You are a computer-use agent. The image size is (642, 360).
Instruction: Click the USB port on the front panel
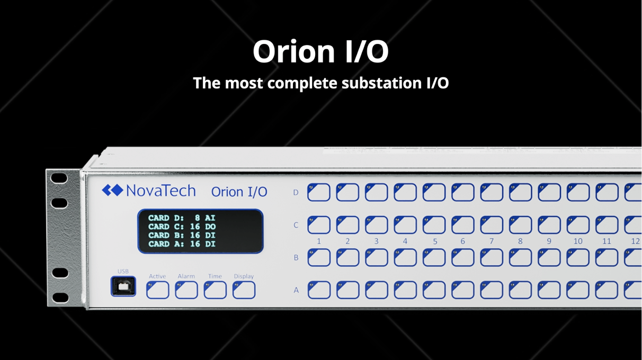coord(123,286)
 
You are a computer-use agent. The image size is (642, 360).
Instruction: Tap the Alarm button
coord(186,290)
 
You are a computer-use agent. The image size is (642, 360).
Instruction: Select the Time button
coord(215,290)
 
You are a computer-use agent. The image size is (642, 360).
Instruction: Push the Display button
coord(244,290)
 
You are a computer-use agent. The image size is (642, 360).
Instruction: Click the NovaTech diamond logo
coord(112,190)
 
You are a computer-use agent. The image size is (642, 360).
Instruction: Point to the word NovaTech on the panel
coord(161,191)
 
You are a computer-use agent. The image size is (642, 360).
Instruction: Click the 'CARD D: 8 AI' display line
coord(181,218)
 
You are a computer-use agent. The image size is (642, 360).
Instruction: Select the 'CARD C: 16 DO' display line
coord(182,227)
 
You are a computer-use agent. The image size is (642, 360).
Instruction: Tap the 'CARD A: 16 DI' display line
coord(182,244)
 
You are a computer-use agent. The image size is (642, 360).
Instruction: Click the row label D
coord(296,193)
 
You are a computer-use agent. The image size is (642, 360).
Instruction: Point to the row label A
coord(296,291)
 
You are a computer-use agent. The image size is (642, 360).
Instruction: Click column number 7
coord(491,241)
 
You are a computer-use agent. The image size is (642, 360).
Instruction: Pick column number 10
coord(578,241)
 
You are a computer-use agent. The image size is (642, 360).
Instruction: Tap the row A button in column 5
coord(434,290)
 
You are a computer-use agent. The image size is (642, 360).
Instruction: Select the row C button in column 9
coord(549,225)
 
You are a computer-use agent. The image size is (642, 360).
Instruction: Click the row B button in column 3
coord(376,257)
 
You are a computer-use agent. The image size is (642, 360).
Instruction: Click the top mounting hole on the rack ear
coord(59,178)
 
